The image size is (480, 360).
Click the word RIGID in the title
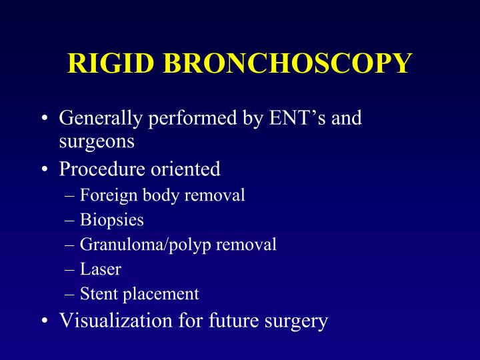click(111, 63)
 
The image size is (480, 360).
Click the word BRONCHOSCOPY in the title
click(286, 63)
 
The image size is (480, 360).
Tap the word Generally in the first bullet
click(99, 119)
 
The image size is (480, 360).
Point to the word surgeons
click(97, 141)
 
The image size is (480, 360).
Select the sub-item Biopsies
click(111, 220)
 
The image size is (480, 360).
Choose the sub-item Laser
click(100, 269)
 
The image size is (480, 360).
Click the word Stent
click(99, 294)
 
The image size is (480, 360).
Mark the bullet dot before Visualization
click(44, 321)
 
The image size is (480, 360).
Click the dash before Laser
click(71, 270)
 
